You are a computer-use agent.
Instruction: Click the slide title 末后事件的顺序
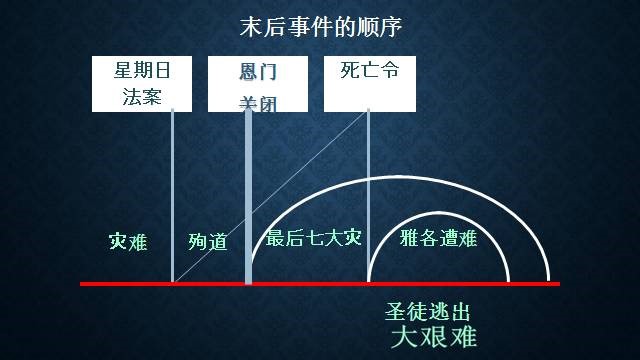[x=320, y=27]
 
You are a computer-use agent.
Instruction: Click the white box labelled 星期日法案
[x=140, y=83]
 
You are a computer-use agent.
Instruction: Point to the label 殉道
[x=207, y=241]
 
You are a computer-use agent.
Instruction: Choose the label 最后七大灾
[x=312, y=239]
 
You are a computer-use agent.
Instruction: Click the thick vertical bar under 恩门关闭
[x=248, y=200]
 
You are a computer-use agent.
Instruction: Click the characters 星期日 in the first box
[x=140, y=71]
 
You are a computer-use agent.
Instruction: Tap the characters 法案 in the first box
[x=140, y=98]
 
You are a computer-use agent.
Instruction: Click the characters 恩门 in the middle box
[x=257, y=72]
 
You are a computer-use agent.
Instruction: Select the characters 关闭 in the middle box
[x=257, y=102]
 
